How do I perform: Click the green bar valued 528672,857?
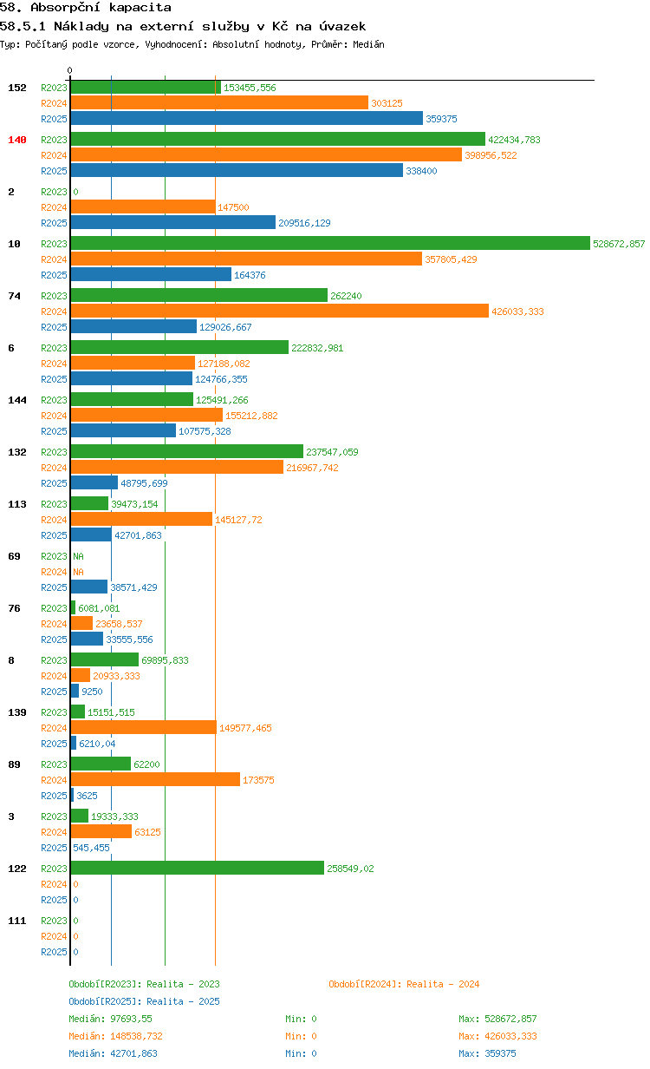click(330, 243)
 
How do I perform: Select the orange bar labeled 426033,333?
click(280, 311)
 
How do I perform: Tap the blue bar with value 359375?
click(247, 118)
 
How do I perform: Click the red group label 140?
click(17, 140)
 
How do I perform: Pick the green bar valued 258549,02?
click(198, 868)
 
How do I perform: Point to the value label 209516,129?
click(304, 223)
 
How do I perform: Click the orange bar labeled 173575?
click(155, 779)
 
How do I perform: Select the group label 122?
click(17, 869)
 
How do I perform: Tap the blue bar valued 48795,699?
click(94, 482)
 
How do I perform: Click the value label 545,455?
click(91, 848)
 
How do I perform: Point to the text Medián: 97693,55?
click(111, 1019)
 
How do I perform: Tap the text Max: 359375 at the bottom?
click(487, 1053)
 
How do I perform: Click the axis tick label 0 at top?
click(69, 70)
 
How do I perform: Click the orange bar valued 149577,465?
click(144, 727)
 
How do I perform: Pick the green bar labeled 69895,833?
click(105, 659)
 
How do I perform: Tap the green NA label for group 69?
click(78, 556)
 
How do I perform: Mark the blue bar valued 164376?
click(151, 274)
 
